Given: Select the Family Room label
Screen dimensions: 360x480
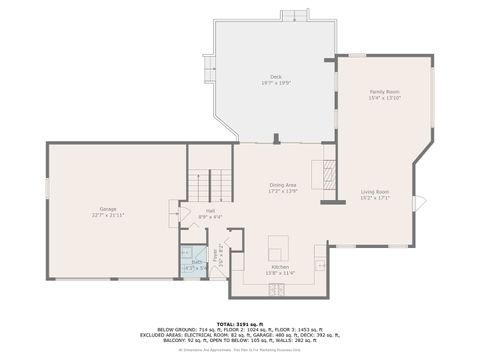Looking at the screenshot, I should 384,92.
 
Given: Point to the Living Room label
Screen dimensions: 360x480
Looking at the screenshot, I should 375,191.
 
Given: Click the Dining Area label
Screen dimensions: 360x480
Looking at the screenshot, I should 283,185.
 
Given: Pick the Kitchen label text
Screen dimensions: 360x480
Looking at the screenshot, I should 281,267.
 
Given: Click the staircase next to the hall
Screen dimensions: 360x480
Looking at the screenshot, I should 211,185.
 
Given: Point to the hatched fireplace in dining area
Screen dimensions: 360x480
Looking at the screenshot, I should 327,174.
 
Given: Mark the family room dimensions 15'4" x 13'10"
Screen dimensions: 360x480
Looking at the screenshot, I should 384,98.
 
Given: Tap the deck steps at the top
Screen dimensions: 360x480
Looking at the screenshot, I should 294,16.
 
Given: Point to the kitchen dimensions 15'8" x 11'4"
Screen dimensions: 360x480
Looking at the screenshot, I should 281,273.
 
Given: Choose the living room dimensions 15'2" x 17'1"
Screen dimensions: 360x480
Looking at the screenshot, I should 375,197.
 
